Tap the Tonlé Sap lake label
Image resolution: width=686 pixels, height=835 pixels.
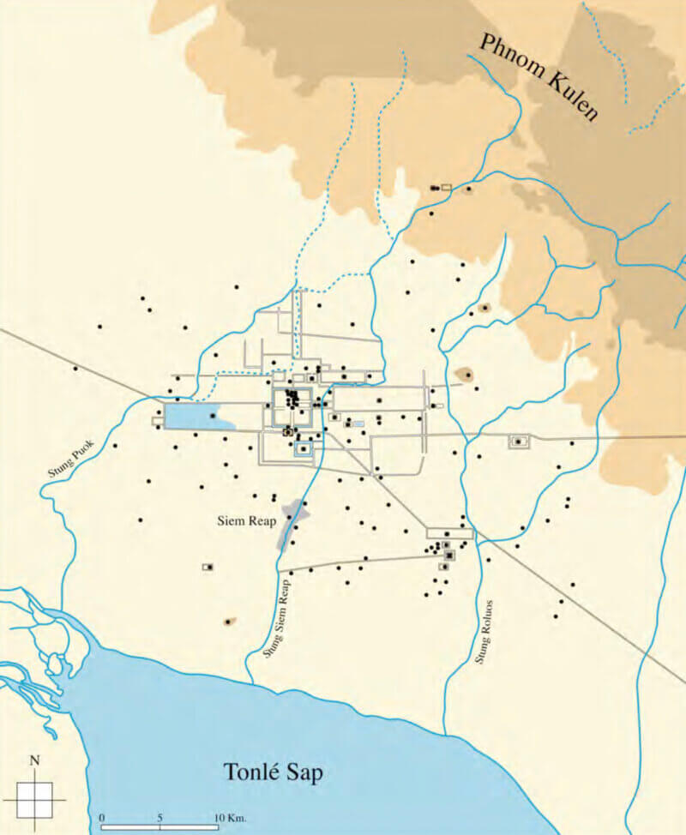click(274, 772)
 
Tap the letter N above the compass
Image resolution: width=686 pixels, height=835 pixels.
click(34, 760)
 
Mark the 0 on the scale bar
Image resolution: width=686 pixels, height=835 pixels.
click(102, 817)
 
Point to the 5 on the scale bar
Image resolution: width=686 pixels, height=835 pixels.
click(159, 817)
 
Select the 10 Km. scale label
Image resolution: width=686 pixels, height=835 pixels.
click(230, 817)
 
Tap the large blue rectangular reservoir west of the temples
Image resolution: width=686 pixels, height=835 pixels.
click(196, 417)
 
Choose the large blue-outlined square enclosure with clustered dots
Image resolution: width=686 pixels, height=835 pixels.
click(293, 404)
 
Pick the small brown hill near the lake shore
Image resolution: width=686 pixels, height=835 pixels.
click(228, 622)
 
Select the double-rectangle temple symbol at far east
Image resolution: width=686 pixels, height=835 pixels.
click(519, 442)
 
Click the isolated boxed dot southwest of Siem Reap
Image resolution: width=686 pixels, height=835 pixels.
click(208, 567)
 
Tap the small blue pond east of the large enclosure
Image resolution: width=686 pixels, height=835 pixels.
click(358, 424)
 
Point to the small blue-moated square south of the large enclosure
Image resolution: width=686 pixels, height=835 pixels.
click(303, 448)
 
